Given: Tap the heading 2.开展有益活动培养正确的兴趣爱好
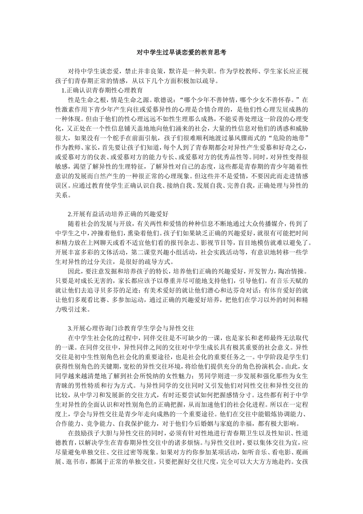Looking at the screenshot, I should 118,213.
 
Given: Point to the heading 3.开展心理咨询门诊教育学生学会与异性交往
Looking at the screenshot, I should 131,328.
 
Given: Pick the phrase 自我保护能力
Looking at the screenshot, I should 142,423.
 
